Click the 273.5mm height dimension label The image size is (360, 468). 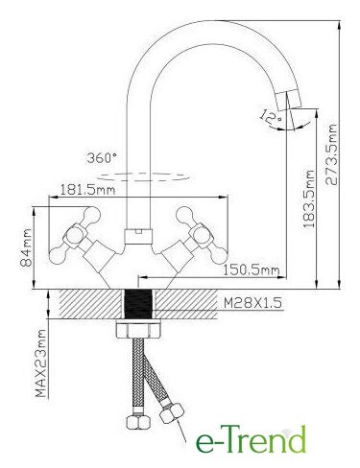click(331, 154)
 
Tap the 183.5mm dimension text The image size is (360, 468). click(309, 199)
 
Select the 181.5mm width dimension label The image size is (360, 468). click(87, 190)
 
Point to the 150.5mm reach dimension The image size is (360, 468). click(251, 270)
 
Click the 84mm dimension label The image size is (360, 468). click(26, 248)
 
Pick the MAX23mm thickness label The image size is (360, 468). click(40, 363)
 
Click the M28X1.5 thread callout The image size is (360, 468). click(252, 302)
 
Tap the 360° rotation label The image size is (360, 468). click(102, 157)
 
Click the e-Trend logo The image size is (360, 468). click(251, 439)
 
